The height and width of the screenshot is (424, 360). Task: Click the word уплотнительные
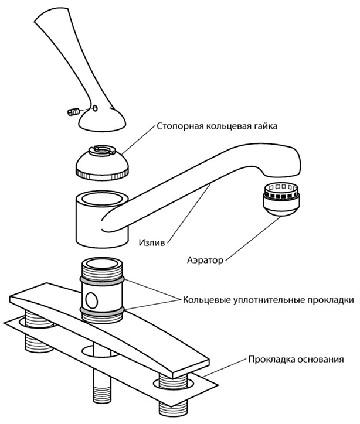266,299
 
